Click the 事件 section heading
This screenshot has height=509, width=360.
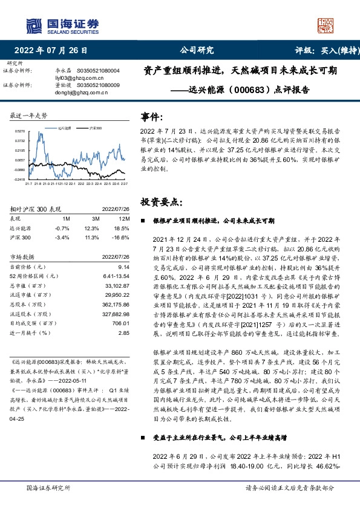pos(151,117)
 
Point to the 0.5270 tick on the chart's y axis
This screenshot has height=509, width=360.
pos(20,131)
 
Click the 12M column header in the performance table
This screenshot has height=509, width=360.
pos(125,218)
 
